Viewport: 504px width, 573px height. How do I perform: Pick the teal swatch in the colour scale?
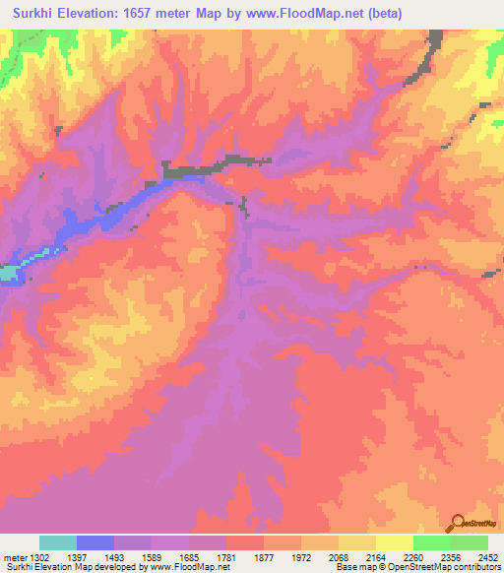[58, 542]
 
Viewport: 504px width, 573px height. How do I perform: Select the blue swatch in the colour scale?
[95, 542]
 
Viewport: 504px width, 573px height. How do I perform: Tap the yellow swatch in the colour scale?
[395, 542]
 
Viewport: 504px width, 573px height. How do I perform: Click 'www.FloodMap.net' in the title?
[294, 13]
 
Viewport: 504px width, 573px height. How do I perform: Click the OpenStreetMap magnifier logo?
[457, 523]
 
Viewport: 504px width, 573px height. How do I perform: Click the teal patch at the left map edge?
[8, 273]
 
